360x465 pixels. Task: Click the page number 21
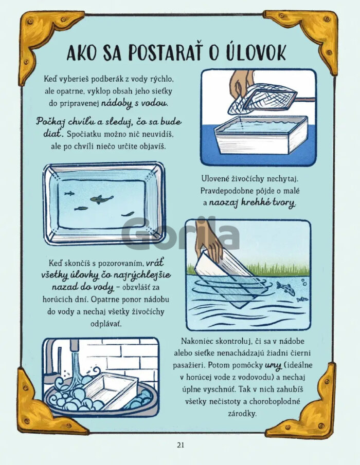tap(181, 445)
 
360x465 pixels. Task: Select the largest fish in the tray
tap(101, 199)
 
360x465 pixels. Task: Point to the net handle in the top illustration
tap(305, 100)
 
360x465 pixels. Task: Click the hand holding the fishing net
tap(242, 84)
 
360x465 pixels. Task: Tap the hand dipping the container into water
tap(210, 241)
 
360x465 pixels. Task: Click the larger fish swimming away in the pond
tap(285, 288)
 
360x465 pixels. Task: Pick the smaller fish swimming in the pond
tap(302, 300)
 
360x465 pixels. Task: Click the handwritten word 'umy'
tap(273, 366)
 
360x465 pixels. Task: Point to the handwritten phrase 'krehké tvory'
tap(253, 203)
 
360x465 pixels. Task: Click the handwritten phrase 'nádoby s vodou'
tap(135, 103)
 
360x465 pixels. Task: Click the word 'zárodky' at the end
tap(242, 414)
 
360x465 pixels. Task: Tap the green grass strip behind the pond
tap(249, 268)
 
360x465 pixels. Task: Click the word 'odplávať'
tap(106, 324)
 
